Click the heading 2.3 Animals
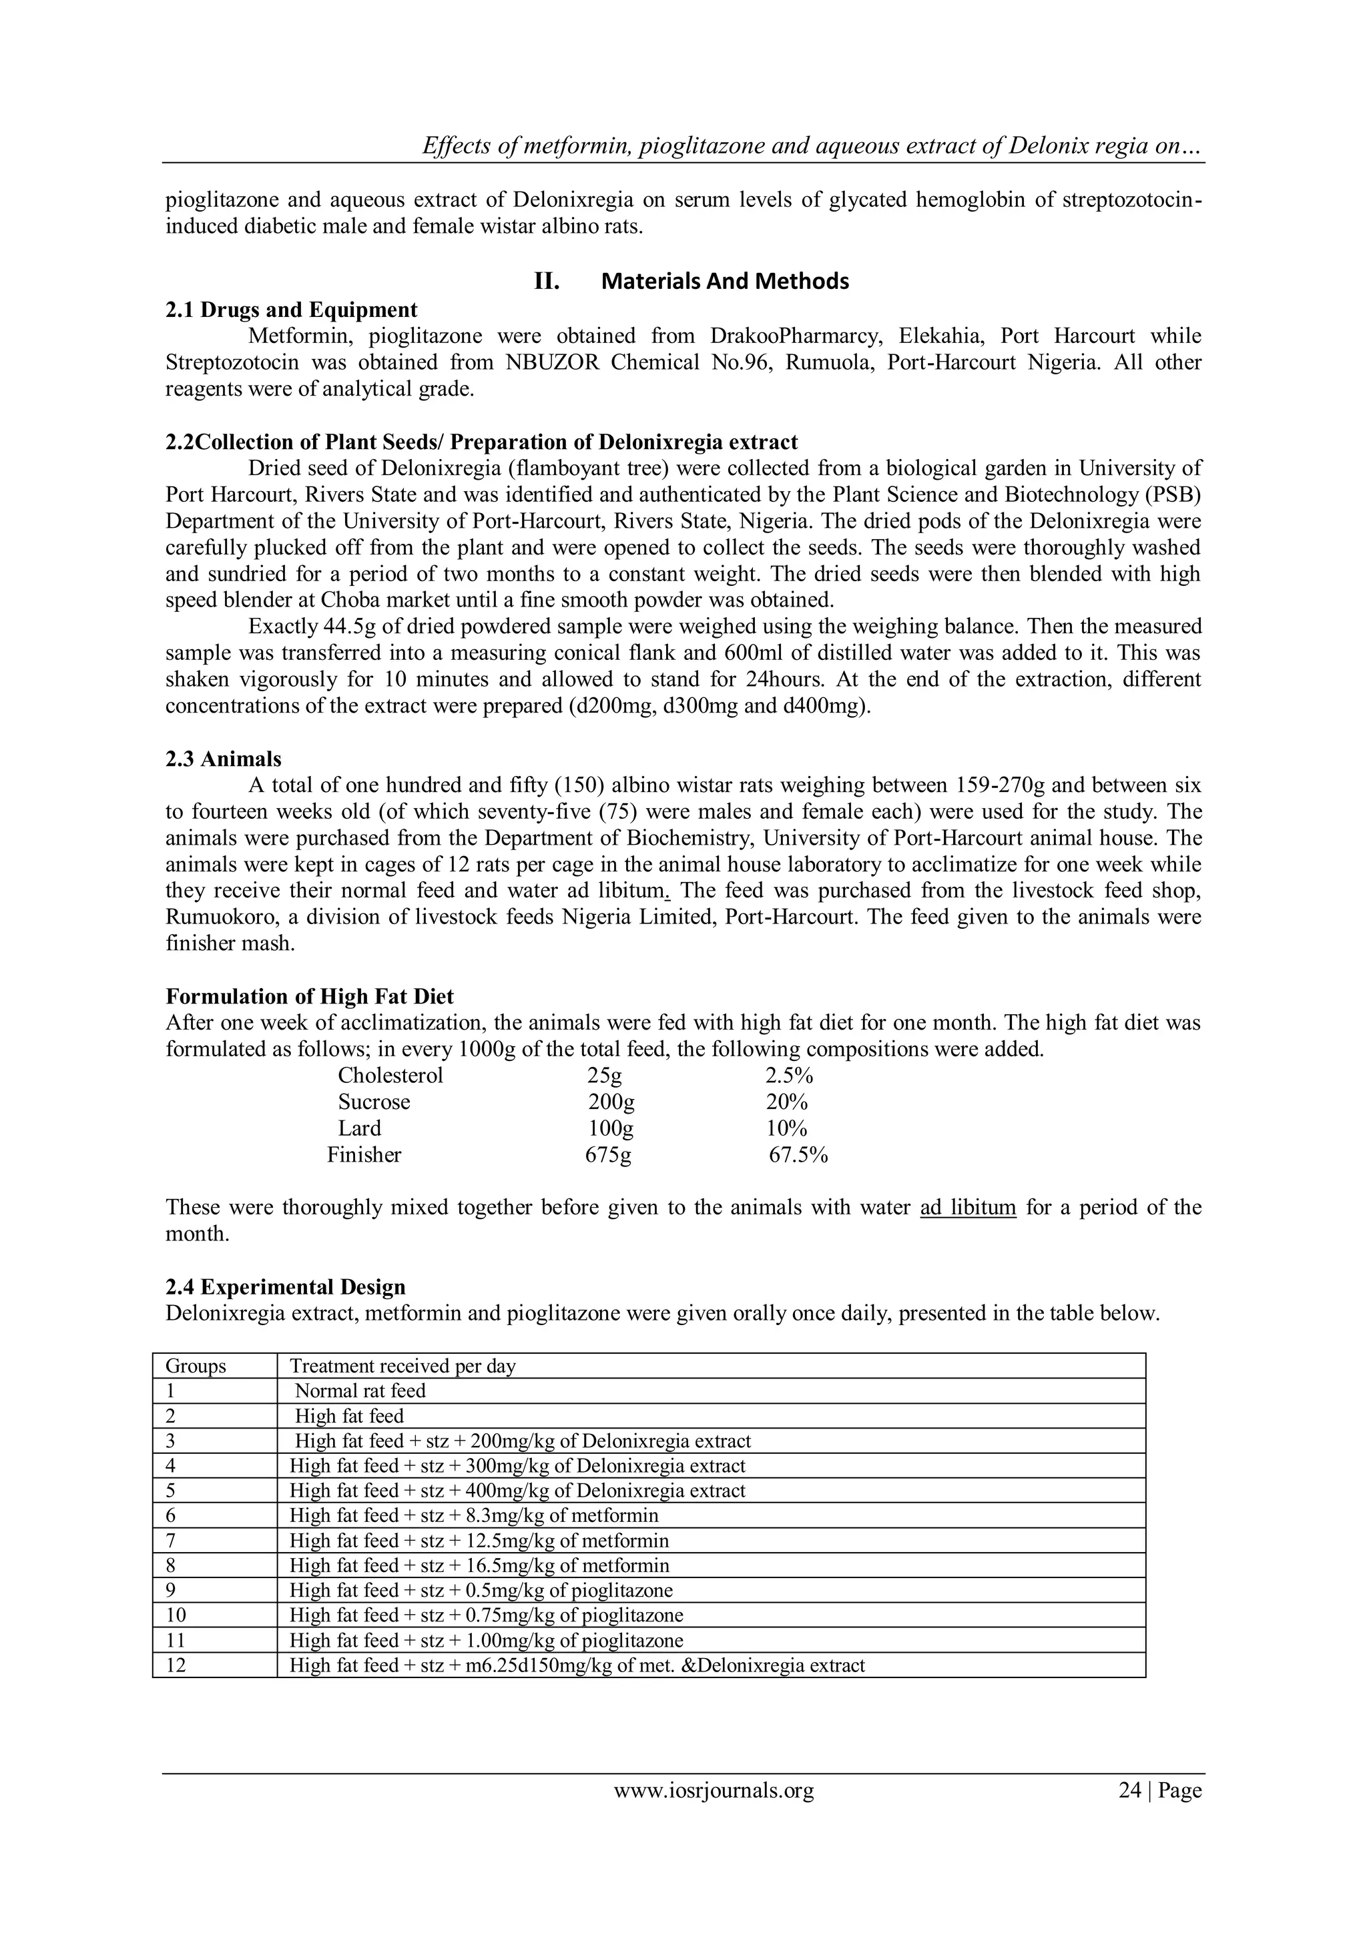coord(223,759)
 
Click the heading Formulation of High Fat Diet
coord(309,997)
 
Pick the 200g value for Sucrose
coord(611,1102)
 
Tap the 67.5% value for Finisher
coord(798,1155)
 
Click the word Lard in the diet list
coord(360,1129)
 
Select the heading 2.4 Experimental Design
coord(285,1287)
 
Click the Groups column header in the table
coord(196,1366)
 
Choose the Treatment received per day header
coord(402,1366)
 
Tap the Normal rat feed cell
coord(360,1391)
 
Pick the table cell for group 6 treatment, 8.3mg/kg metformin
coord(473,1515)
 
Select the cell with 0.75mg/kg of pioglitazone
coord(486,1615)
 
